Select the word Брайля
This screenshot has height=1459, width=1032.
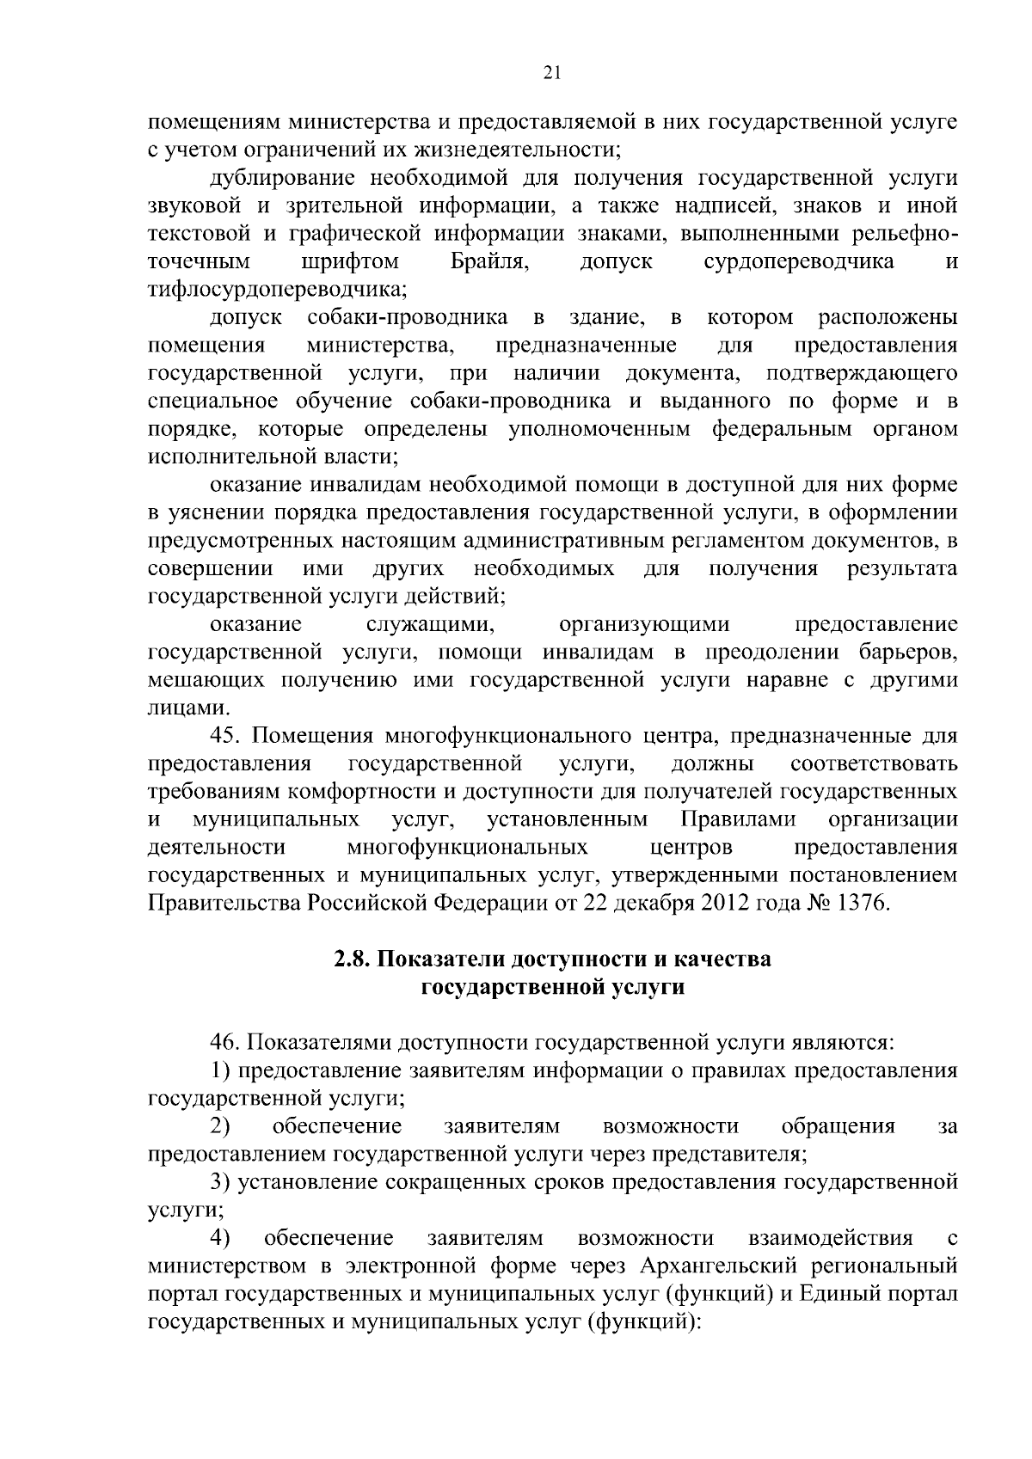click(490, 261)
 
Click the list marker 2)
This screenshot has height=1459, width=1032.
click(221, 1126)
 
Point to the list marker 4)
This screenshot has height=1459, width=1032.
click(221, 1238)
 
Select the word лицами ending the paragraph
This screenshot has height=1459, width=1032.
click(177, 708)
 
